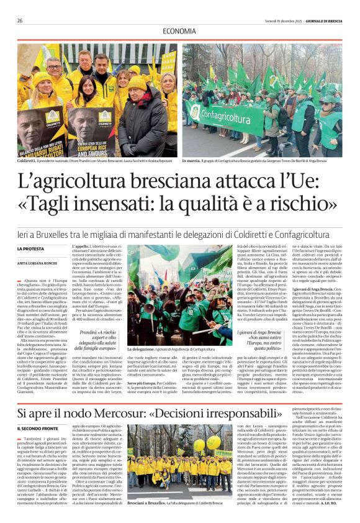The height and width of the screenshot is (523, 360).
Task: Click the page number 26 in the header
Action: tap(20, 20)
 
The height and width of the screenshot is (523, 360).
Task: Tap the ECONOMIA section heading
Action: tap(179, 31)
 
